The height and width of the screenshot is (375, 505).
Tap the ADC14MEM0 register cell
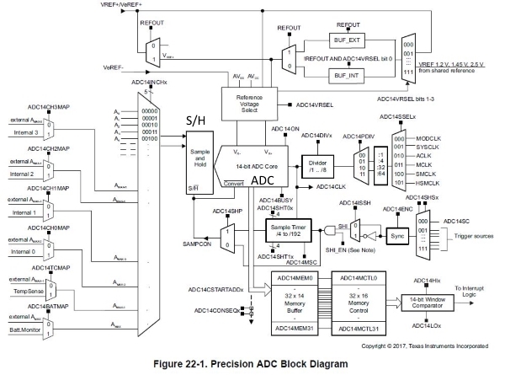tap(295, 254)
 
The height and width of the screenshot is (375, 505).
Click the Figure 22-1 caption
tap(252, 364)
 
